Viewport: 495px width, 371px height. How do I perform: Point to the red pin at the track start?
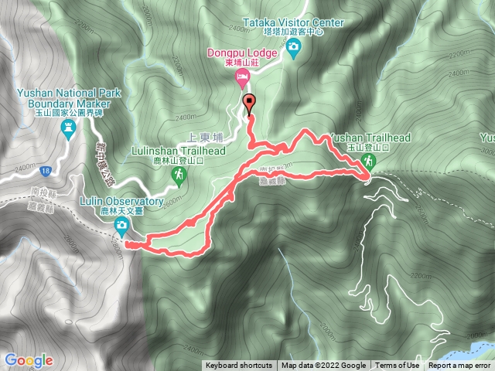[x=249, y=104]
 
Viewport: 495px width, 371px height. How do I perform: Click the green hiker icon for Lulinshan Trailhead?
[x=179, y=178]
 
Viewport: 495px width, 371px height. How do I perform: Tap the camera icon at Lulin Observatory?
[x=121, y=225]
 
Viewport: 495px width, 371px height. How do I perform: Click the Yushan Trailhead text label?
[x=369, y=138]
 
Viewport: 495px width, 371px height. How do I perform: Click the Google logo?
[x=28, y=359]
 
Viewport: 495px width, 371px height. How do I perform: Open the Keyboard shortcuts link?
[x=238, y=366]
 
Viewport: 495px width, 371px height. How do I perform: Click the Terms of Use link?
[x=398, y=366]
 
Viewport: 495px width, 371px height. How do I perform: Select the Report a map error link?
[x=459, y=366]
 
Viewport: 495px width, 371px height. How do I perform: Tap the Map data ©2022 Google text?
[x=323, y=366]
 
